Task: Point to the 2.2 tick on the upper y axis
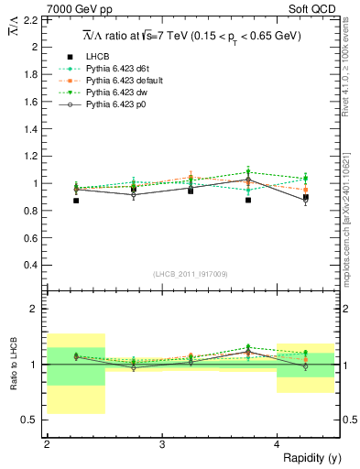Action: point(35,18)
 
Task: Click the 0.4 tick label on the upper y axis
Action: point(35,266)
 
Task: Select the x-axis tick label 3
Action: point(161,444)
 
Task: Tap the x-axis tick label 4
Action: point(277,444)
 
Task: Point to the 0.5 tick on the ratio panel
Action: point(35,420)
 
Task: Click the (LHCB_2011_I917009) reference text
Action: point(191,274)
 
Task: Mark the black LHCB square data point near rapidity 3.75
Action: point(248,200)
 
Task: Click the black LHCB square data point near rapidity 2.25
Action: point(76,201)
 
